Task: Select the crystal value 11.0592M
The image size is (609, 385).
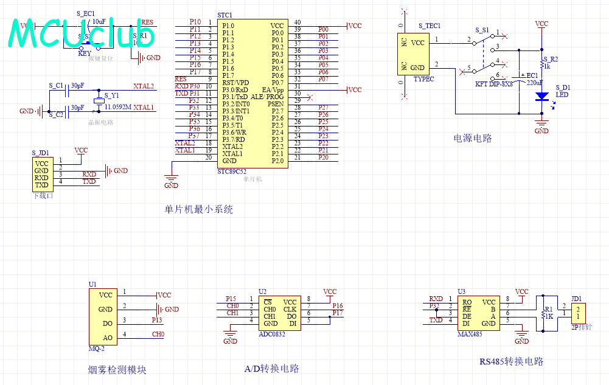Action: pos(118,107)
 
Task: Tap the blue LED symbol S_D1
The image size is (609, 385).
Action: pos(541,96)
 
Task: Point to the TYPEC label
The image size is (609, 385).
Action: pos(424,79)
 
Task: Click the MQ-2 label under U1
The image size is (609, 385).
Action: pos(97,349)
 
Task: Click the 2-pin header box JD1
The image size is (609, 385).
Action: pos(578,313)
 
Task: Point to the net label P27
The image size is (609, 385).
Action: pos(323,108)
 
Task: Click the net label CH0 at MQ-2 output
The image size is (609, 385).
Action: pos(158,334)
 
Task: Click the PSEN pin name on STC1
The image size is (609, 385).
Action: pos(276,104)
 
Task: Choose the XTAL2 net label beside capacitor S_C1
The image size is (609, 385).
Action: pos(144,86)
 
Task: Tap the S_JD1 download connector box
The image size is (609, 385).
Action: pos(42,174)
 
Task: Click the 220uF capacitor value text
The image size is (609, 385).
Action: pos(535,82)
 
